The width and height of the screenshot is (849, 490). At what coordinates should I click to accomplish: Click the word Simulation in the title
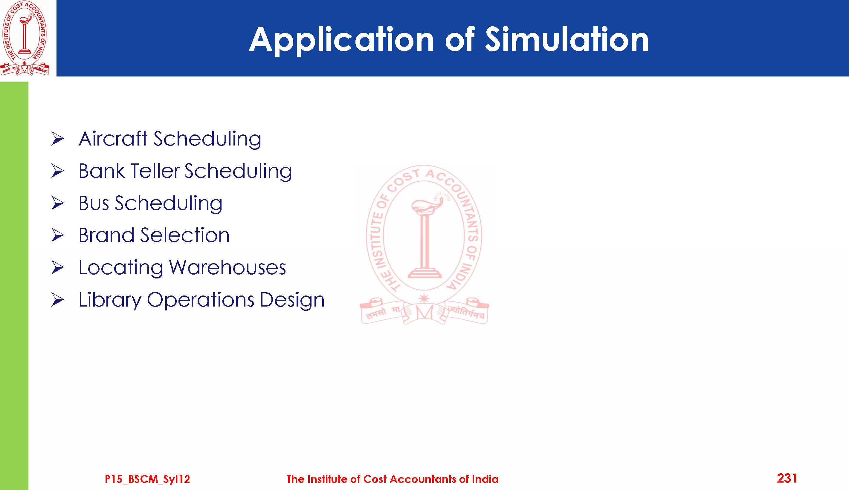click(566, 39)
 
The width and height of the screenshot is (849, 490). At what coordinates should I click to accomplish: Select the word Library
click(110, 300)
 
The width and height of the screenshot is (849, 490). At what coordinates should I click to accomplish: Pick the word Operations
click(201, 300)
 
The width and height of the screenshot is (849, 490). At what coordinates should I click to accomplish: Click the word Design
click(292, 300)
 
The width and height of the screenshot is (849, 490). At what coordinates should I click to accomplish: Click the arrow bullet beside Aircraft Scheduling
click(58, 139)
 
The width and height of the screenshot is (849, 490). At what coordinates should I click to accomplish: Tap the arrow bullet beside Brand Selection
click(58, 235)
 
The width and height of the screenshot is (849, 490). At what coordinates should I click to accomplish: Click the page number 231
click(787, 478)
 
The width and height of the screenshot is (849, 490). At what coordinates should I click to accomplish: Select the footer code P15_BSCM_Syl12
click(147, 479)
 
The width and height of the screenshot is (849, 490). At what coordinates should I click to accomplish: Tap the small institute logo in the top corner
click(25, 38)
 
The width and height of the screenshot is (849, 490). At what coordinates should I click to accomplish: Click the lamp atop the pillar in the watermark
click(427, 205)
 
